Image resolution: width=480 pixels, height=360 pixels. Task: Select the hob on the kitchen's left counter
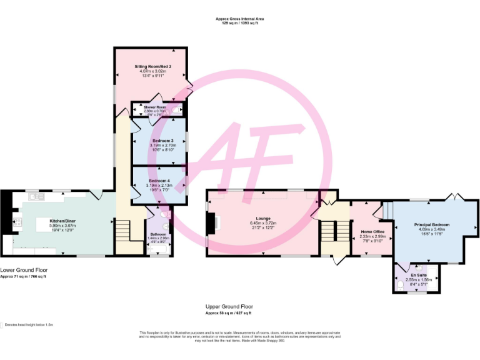tap(17, 221)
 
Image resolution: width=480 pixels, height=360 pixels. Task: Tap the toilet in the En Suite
tap(401, 286)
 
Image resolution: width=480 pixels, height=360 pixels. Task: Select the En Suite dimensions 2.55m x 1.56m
tap(418, 279)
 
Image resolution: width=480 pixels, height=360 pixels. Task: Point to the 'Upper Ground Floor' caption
tap(229, 307)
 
